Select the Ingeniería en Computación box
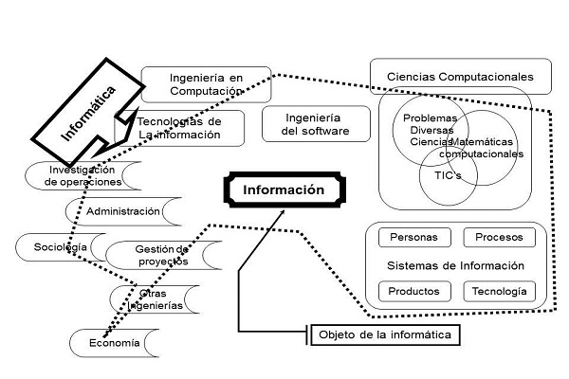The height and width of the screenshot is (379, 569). coord(206,83)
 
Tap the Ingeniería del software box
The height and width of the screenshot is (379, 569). coord(316,125)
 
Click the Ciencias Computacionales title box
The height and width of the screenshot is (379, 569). coord(461,76)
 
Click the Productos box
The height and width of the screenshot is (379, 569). coord(407,290)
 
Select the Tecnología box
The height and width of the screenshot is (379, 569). coord(500,290)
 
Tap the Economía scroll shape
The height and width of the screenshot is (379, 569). coord(112,343)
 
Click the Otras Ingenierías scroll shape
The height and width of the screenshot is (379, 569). coord(158,299)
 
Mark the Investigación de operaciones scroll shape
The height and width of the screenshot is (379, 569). coord(85,175)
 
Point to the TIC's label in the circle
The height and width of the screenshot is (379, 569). coord(434,176)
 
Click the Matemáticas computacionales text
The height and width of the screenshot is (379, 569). coord(480,147)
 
